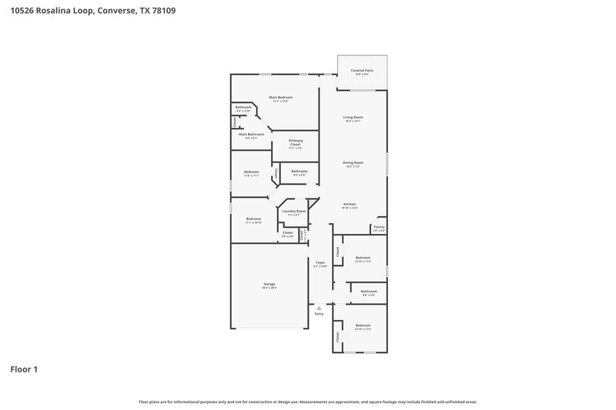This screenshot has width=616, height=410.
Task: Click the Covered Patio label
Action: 362,70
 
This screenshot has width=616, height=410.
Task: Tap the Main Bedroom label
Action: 280,97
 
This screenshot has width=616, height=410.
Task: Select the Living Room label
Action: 353,117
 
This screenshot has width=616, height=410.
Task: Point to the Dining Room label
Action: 353,162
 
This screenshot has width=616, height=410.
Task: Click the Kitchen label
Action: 350,204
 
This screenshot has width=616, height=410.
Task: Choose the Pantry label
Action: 379,227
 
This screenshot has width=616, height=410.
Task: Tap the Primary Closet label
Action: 296,142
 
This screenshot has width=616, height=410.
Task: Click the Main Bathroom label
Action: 251,135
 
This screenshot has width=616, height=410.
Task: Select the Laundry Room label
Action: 293,211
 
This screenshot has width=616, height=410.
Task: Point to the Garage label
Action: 269,284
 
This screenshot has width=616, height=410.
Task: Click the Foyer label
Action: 320,263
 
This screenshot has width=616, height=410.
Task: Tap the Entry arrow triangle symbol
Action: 320,308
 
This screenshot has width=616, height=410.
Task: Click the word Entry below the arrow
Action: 320,314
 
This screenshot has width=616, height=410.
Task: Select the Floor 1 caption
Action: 24,370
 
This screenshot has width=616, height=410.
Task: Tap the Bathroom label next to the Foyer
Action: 369,291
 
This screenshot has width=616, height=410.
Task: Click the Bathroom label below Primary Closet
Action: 300,171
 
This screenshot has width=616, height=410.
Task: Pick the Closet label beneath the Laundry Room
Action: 287,232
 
